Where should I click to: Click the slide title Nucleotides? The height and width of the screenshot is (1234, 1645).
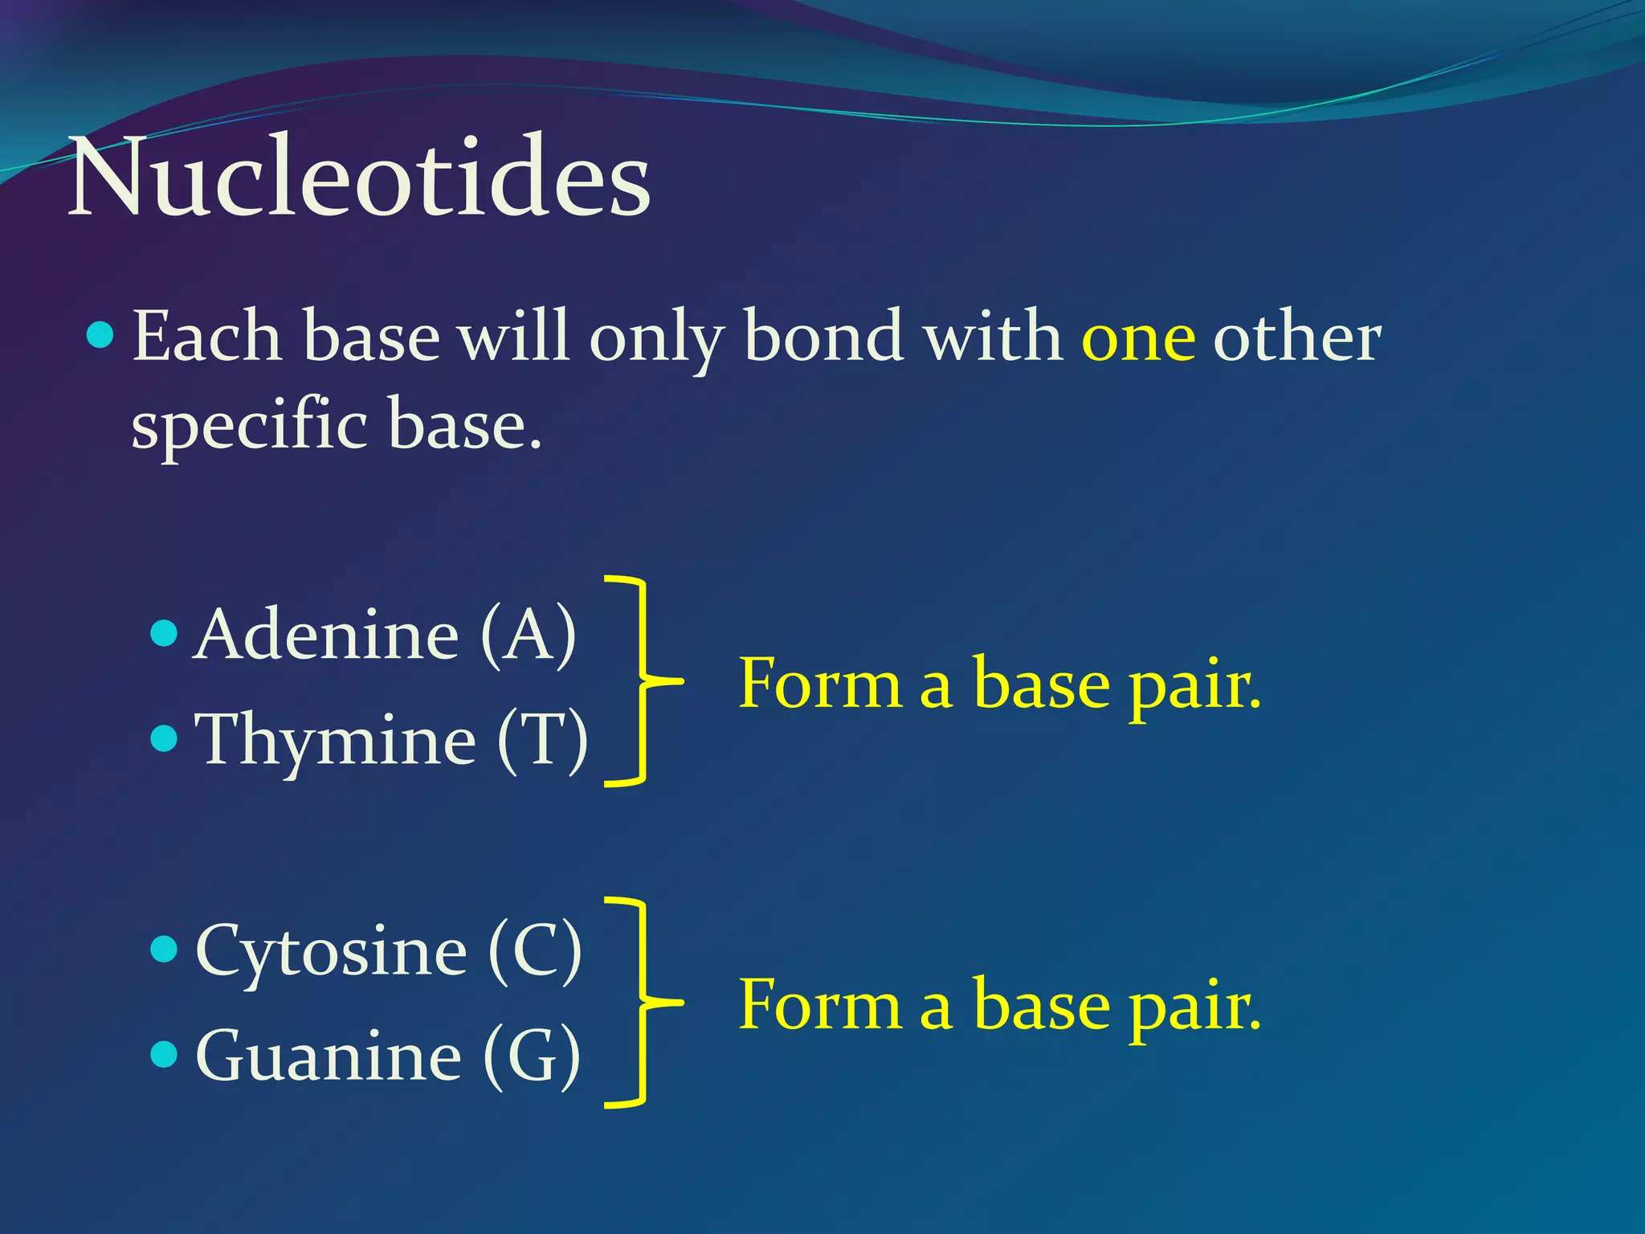click(x=359, y=177)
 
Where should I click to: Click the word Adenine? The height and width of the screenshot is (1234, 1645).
click(x=326, y=635)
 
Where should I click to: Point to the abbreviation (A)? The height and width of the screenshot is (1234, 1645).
click(x=529, y=635)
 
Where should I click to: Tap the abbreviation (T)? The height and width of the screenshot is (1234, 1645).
click(x=543, y=739)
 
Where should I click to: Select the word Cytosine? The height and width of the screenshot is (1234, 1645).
click(x=331, y=951)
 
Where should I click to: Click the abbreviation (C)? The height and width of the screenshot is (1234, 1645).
click(x=535, y=951)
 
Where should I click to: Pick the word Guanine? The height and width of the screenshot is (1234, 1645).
click(x=329, y=1056)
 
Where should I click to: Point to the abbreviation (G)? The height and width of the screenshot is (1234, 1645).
click(x=532, y=1056)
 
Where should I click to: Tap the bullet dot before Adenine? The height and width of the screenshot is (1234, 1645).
click(x=164, y=634)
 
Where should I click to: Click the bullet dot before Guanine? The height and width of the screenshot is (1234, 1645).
click(x=164, y=1054)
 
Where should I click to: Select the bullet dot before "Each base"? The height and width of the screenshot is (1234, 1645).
click(x=100, y=334)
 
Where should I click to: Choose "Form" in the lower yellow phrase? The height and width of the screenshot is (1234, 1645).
click(x=819, y=1005)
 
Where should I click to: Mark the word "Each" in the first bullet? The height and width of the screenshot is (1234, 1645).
click(x=206, y=336)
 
